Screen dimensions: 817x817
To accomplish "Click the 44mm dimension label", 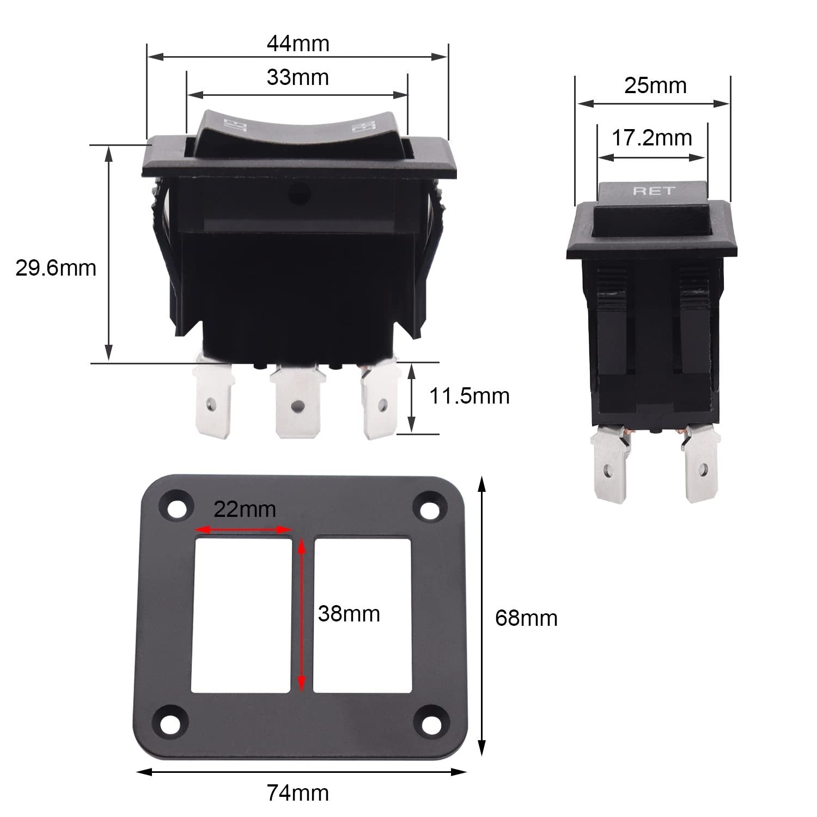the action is [x=298, y=44].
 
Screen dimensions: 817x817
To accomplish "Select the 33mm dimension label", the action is [x=298, y=77].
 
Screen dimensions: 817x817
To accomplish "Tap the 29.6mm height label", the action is [x=56, y=268].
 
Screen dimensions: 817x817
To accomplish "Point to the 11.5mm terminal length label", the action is [x=470, y=396].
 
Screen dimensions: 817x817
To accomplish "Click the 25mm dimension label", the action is [x=655, y=86].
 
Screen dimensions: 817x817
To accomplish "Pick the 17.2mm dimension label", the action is [x=652, y=138].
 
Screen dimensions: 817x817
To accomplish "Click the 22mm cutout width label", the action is [x=245, y=509].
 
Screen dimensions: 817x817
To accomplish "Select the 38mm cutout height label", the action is [x=349, y=614].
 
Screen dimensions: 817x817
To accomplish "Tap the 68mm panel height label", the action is [x=526, y=618].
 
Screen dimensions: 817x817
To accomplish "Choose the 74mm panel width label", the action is [x=298, y=792].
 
